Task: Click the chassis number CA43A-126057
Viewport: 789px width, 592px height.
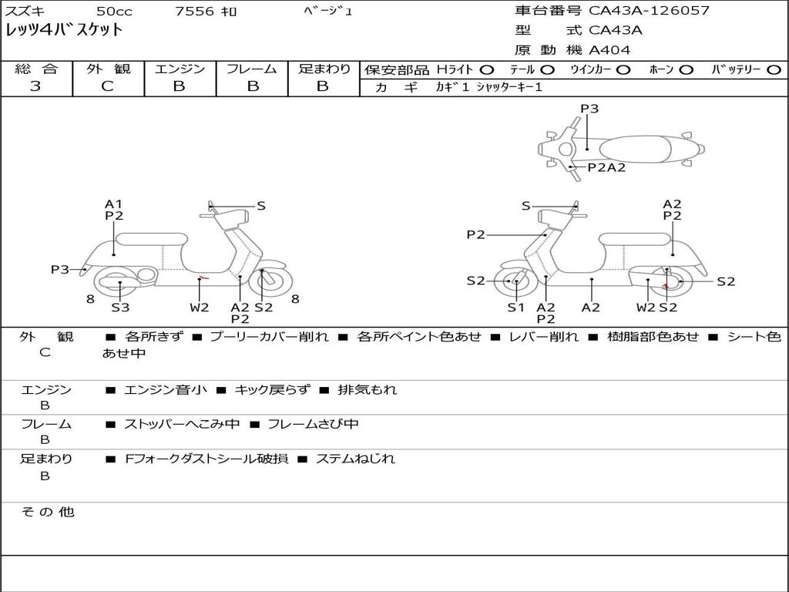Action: [649, 11]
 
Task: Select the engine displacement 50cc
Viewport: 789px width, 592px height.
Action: [113, 12]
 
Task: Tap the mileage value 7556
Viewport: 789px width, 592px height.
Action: [196, 12]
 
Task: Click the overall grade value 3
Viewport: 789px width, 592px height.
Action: [35, 86]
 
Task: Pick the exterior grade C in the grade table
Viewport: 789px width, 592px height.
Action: [108, 86]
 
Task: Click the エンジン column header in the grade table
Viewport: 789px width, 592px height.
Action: [180, 69]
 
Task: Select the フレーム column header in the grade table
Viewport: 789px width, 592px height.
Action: [251, 69]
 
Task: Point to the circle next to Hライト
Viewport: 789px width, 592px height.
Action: [487, 70]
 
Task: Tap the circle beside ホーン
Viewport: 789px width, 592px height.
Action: [686, 70]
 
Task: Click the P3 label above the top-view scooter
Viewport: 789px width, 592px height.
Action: [589, 109]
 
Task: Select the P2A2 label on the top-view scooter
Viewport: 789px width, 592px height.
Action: [606, 167]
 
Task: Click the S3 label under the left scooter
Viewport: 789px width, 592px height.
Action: [120, 308]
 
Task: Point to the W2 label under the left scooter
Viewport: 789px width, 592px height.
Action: [200, 308]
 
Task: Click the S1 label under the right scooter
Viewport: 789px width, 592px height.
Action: [515, 308]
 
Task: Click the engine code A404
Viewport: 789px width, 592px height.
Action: [609, 50]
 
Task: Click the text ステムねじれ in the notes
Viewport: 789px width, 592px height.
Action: [355, 459]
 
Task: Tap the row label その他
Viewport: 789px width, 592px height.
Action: [48, 512]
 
